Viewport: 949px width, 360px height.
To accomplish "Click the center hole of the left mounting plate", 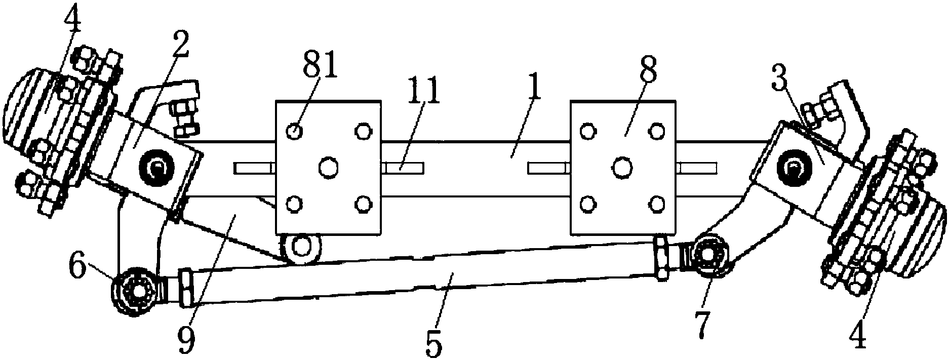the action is coord(328,167).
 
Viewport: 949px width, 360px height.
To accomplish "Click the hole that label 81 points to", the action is coord(294,132).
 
